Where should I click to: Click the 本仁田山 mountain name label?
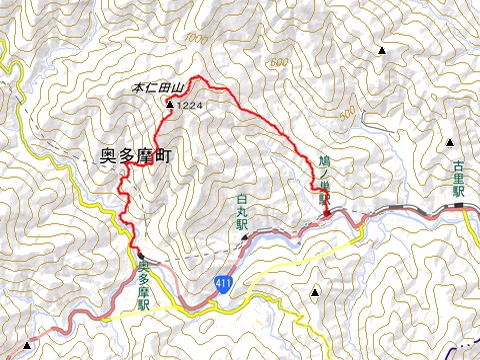point(156,89)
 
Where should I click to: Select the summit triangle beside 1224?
point(171,104)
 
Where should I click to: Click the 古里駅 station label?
point(459,177)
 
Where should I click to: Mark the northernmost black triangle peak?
point(381,49)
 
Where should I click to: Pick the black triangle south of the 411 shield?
point(316,293)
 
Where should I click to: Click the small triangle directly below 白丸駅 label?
point(243,237)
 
